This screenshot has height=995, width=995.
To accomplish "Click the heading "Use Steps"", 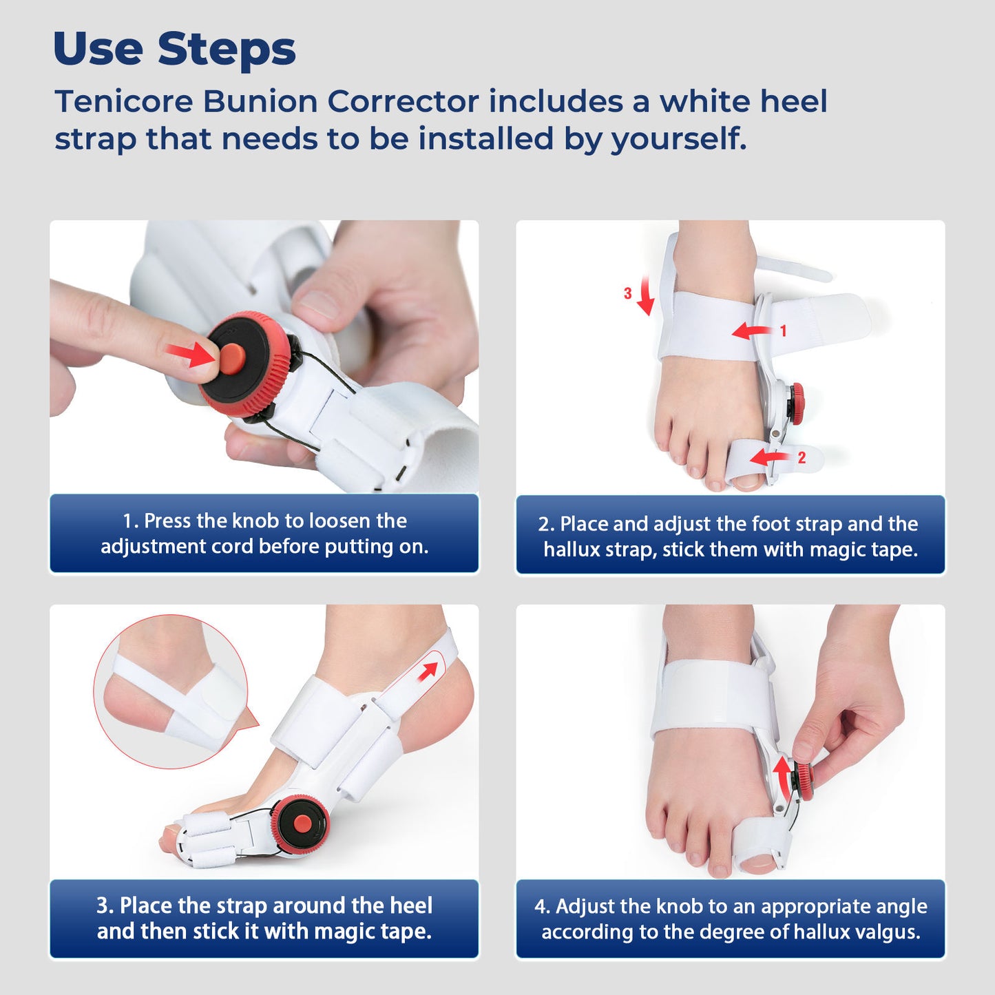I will pos(174,50).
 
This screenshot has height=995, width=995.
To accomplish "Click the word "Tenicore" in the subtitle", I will pos(124,102).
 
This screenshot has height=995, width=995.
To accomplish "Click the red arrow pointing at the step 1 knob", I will pos(191,355).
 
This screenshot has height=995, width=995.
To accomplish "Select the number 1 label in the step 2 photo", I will pos(783,331).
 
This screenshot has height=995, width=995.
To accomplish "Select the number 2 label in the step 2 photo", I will pos(802,458).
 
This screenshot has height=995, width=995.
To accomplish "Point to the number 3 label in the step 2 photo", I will pos(627,293).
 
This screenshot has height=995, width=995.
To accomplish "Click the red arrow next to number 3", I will pos(645,296).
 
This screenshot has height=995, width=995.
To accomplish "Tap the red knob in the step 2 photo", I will pos(796,403).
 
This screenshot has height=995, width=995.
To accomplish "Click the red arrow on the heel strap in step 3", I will pos(428,671).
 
